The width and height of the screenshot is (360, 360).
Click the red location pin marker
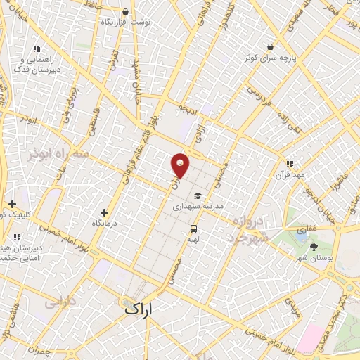click(180, 165)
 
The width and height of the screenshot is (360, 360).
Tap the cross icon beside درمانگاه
click(104, 212)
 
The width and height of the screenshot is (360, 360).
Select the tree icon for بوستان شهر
click(313, 247)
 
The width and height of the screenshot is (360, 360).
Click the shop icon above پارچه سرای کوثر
click(270, 47)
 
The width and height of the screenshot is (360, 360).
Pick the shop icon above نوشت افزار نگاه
click(126, 12)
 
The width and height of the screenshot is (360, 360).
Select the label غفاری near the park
click(307, 229)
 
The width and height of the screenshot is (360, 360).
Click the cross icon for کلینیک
click(12, 204)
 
